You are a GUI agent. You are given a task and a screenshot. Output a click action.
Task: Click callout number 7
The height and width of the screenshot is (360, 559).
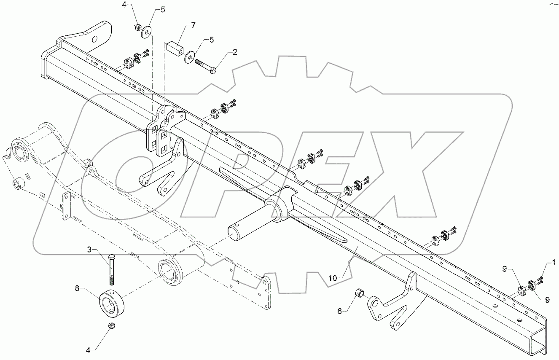193,26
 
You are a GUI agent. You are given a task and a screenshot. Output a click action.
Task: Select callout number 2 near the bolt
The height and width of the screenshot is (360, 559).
235,52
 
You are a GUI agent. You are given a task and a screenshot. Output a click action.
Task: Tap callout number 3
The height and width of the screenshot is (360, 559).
89,250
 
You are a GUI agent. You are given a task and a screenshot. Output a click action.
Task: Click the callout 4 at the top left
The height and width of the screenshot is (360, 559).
124,5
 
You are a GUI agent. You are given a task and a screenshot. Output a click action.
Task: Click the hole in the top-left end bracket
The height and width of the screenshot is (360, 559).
95,39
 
